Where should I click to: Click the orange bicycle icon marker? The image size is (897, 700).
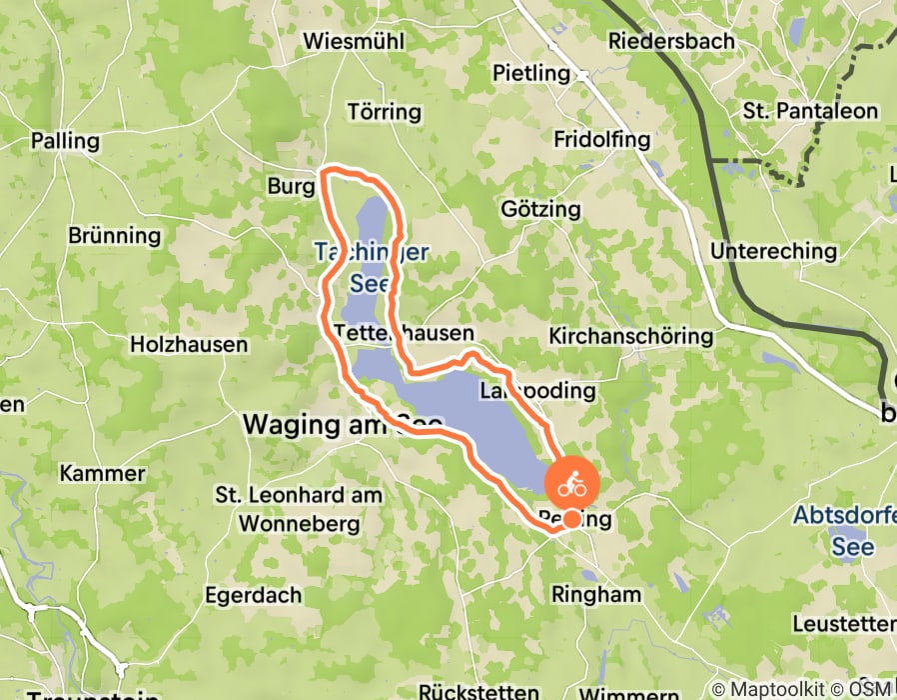(571, 486)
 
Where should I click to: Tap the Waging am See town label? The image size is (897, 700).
(343, 425)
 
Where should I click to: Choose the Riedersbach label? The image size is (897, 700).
(671, 41)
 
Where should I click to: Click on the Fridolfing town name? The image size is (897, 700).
(601, 139)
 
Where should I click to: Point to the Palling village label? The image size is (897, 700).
(67, 141)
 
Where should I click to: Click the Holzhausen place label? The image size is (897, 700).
(189, 344)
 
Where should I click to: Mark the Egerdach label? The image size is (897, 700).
(253, 595)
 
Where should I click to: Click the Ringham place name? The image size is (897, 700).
(596, 594)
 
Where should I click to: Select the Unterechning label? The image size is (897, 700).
(773, 251)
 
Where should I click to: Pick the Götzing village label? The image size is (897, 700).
(540, 209)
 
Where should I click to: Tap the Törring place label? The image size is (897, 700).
(385, 111)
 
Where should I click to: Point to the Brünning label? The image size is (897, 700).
(114, 236)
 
